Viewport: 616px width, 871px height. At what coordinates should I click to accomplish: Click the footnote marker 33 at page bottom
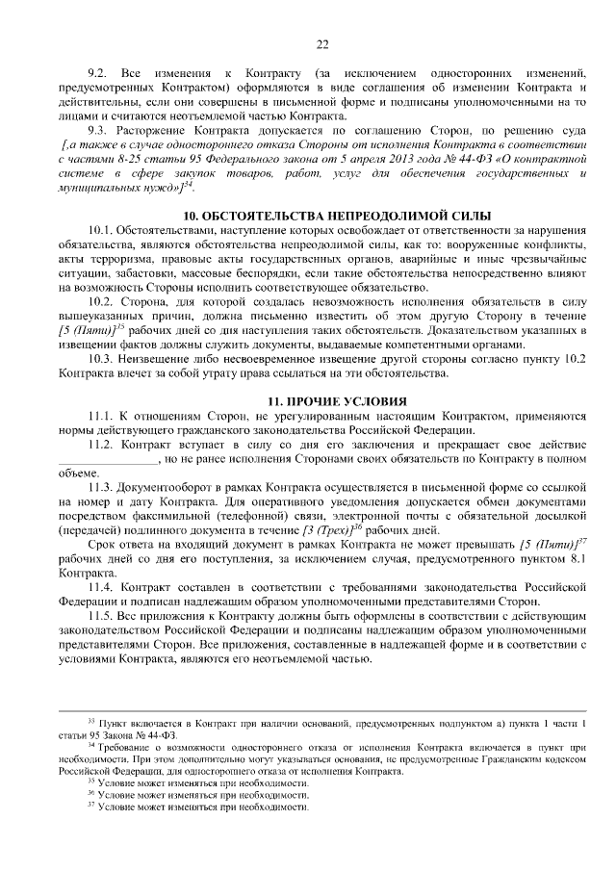(x=91, y=722)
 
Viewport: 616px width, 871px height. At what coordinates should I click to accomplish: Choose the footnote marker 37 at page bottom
(x=91, y=807)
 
